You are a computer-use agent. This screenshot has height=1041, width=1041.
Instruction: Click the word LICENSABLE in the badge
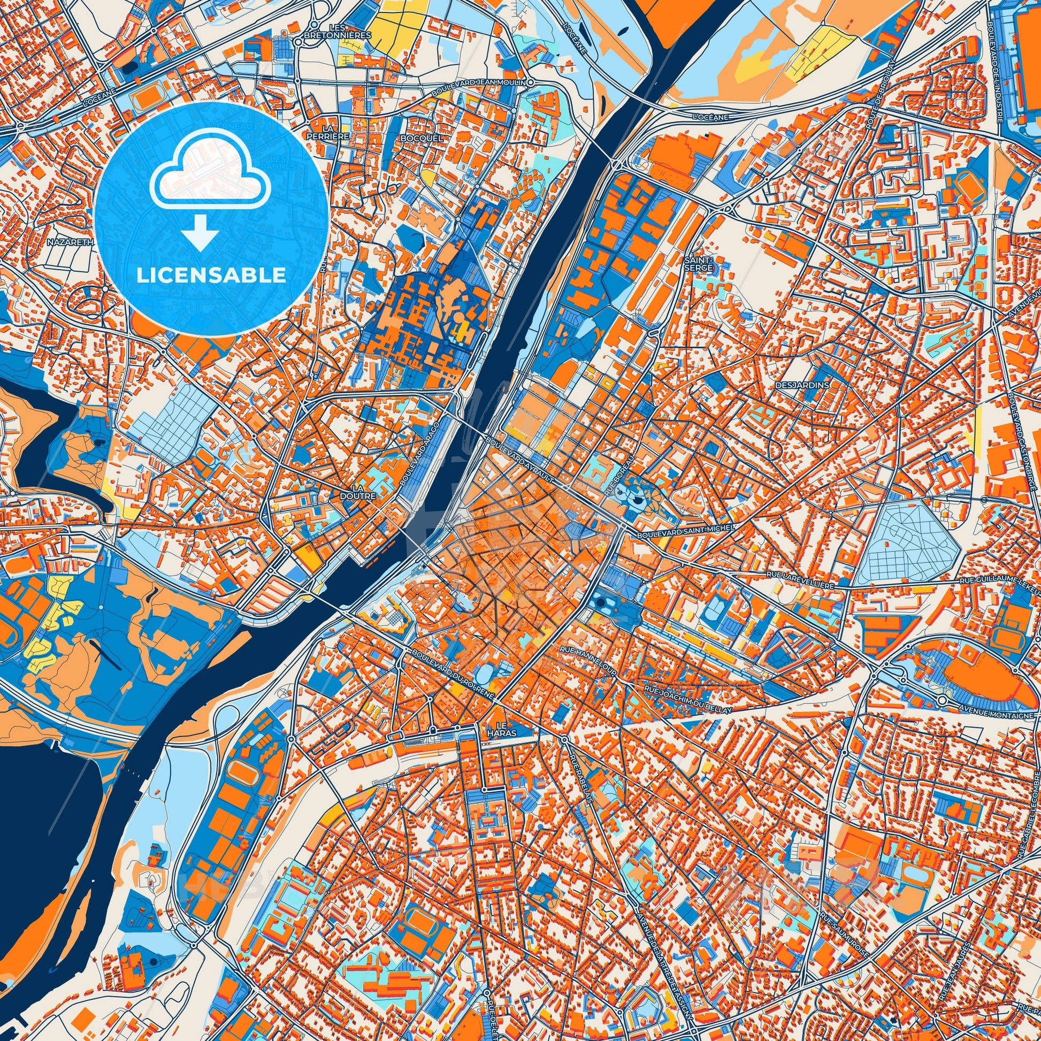pyautogui.click(x=211, y=275)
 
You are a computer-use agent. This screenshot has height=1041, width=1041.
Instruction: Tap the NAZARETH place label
pyautogui.click(x=71, y=242)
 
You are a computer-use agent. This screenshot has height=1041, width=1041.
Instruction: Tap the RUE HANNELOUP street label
pyautogui.click(x=588, y=661)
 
